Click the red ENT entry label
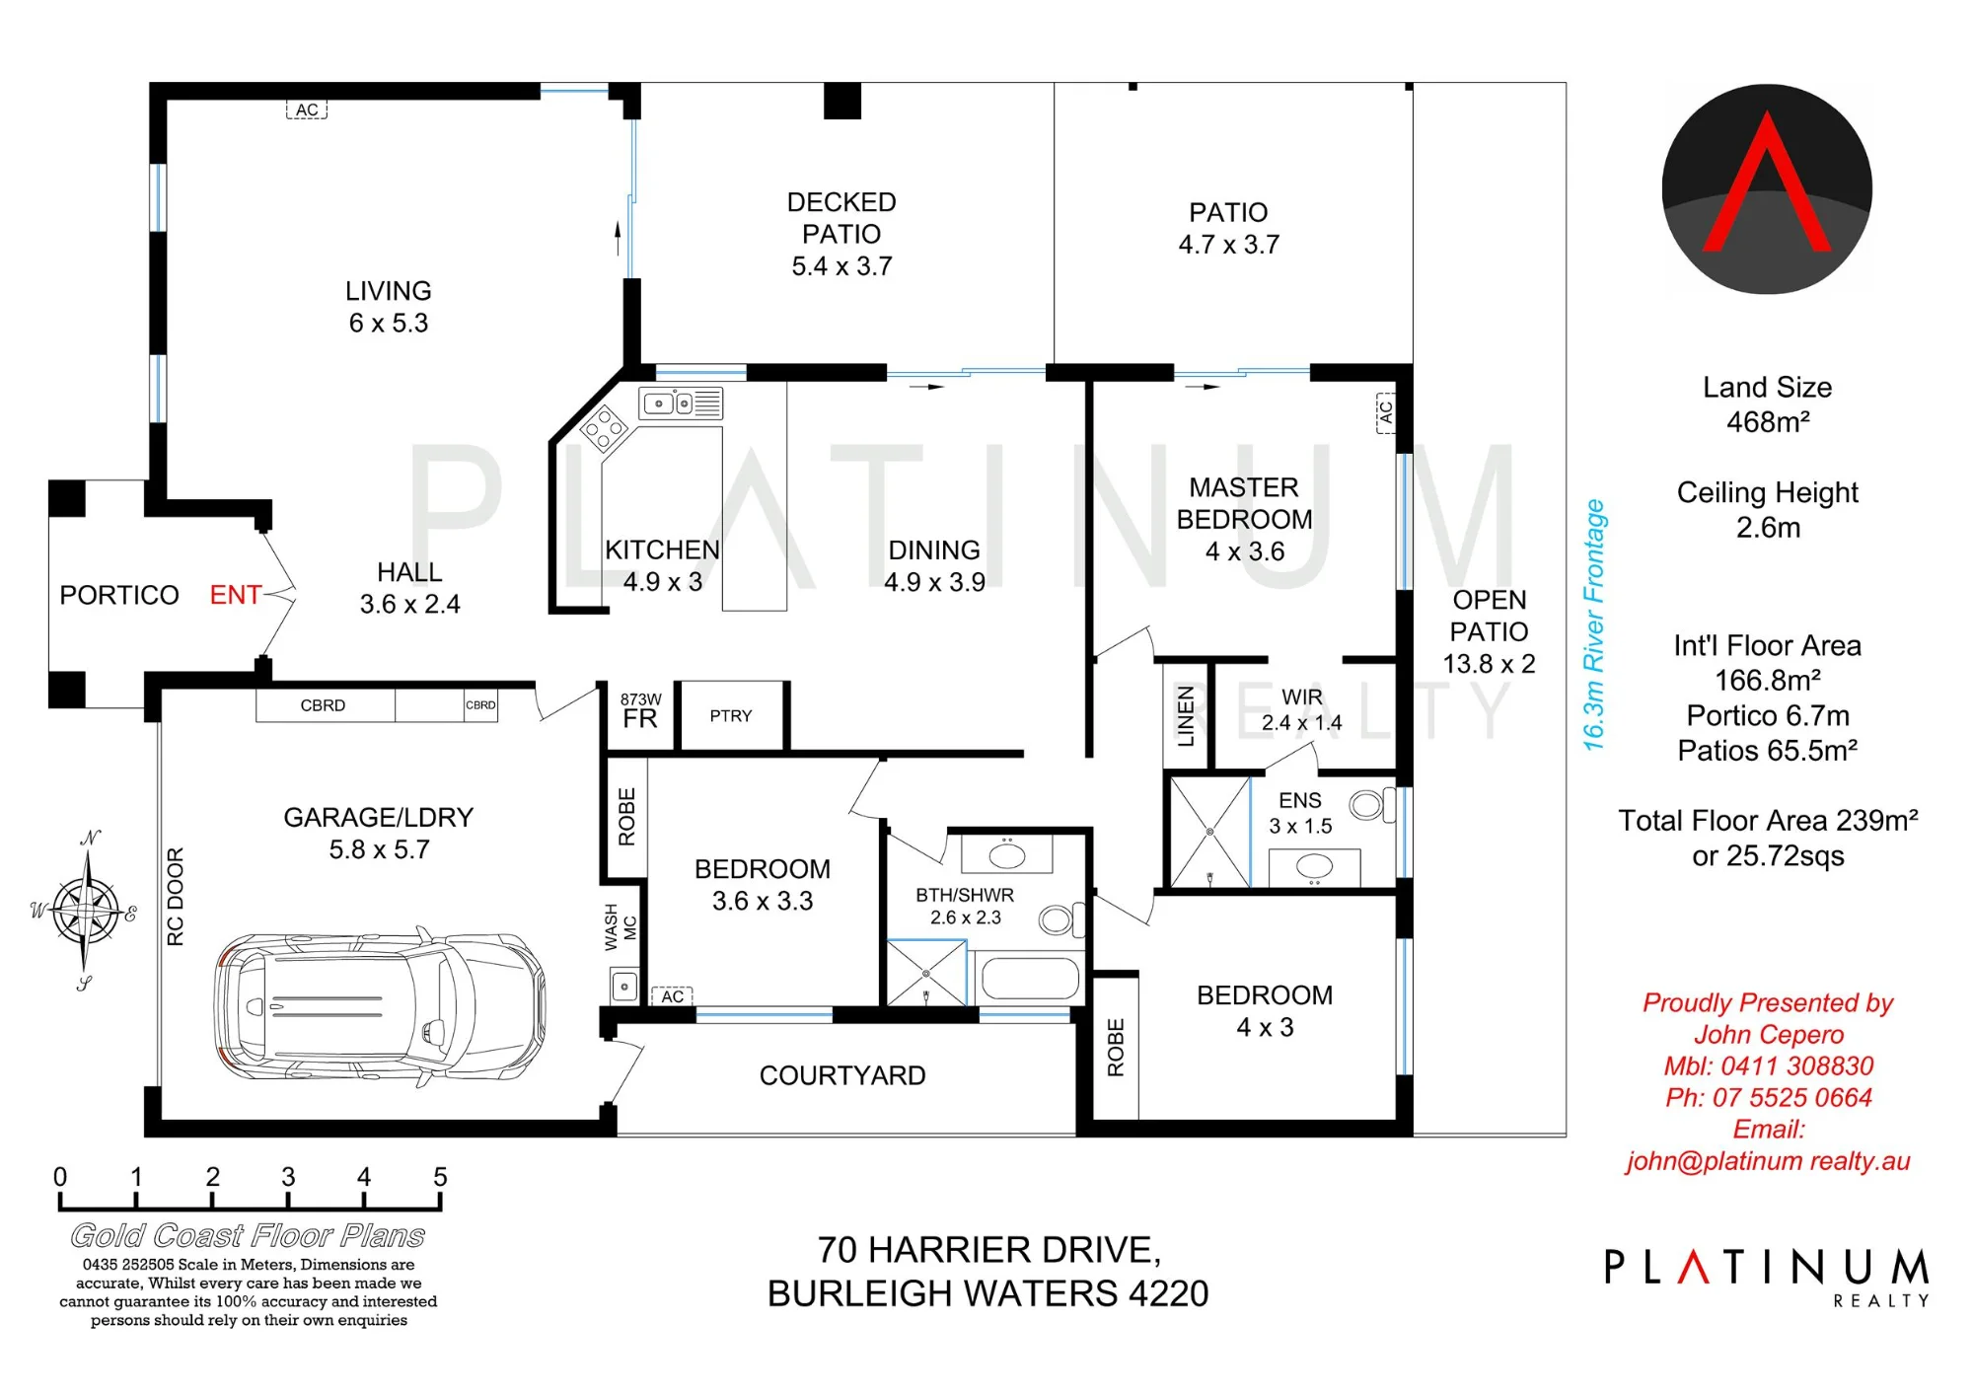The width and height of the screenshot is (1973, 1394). tap(236, 595)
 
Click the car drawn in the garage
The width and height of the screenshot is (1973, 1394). tap(380, 1006)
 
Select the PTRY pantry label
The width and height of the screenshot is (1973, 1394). tap(731, 716)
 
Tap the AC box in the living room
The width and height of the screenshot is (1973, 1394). tap(307, 110)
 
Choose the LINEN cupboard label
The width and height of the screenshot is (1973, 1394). tap(1187, 717)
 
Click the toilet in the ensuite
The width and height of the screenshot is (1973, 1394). tap(1372, 805)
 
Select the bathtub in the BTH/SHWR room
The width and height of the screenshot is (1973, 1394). tap(1030, 980)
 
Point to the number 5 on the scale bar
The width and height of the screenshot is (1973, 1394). tap(440, 1177)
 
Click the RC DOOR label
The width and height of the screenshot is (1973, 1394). tap(176, 897)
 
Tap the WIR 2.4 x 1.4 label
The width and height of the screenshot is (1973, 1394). tap(1302, 710)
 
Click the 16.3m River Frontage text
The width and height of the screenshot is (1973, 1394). tap(1594, 625)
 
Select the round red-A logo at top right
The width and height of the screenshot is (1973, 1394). tap(1767, 188)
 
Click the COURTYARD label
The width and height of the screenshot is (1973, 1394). tap(842, 1075)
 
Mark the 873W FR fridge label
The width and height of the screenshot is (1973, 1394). tap(641, 710)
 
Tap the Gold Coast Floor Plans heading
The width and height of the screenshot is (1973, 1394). tap(248, 1235)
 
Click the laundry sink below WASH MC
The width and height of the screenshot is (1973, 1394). tap(623, 986)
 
